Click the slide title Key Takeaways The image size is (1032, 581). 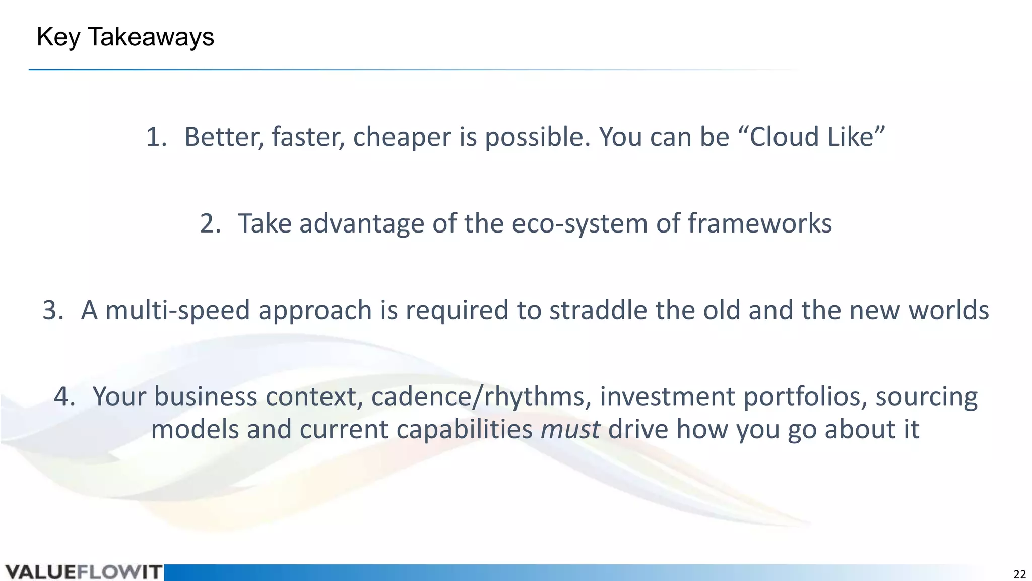tap(125, 37)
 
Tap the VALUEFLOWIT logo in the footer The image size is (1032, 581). tap(84, 572)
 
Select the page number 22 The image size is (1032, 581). tap(1019, 574)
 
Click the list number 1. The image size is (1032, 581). tap(155, 137)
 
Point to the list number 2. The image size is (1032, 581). tap(209, 224)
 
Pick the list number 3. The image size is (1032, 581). tap(52, 310)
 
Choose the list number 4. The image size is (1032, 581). tap(63, 397)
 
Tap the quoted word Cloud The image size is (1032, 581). tap(779, 137)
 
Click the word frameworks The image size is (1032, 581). tap(759, 224)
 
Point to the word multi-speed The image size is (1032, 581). tap(177, 310)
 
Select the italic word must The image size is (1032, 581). tap(570, 430)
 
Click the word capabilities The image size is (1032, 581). tap(464, 430)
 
